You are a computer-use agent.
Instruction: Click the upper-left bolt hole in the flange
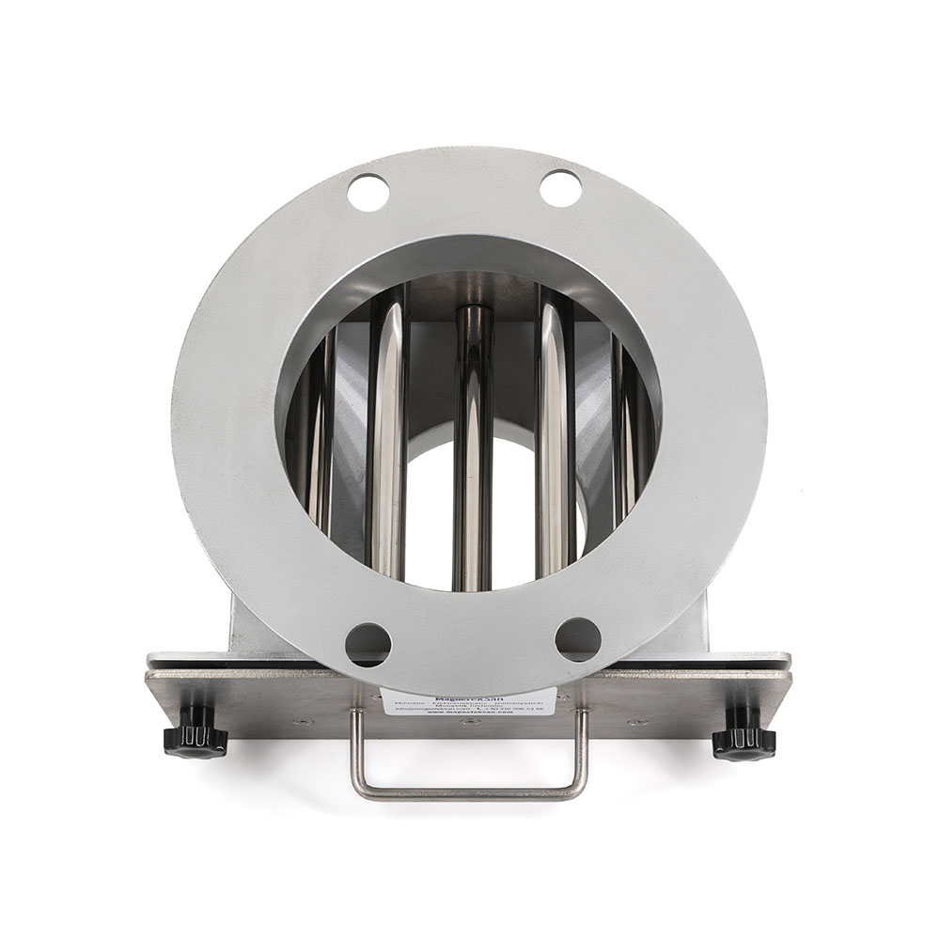click(368, 193)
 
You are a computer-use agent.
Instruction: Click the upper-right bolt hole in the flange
click(560, 188)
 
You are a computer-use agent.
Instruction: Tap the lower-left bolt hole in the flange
click(368, 644)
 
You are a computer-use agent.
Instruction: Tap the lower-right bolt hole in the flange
click(577, 639)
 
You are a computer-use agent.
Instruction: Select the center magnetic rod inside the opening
click(473, 442)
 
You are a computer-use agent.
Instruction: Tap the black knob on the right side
click(744, 737)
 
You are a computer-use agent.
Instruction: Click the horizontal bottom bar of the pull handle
click(470, 792)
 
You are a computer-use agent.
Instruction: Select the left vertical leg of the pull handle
click(356, 752)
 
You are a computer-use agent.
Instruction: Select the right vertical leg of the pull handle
click(583, 752)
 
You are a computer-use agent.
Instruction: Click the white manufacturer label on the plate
click(467, 703)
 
